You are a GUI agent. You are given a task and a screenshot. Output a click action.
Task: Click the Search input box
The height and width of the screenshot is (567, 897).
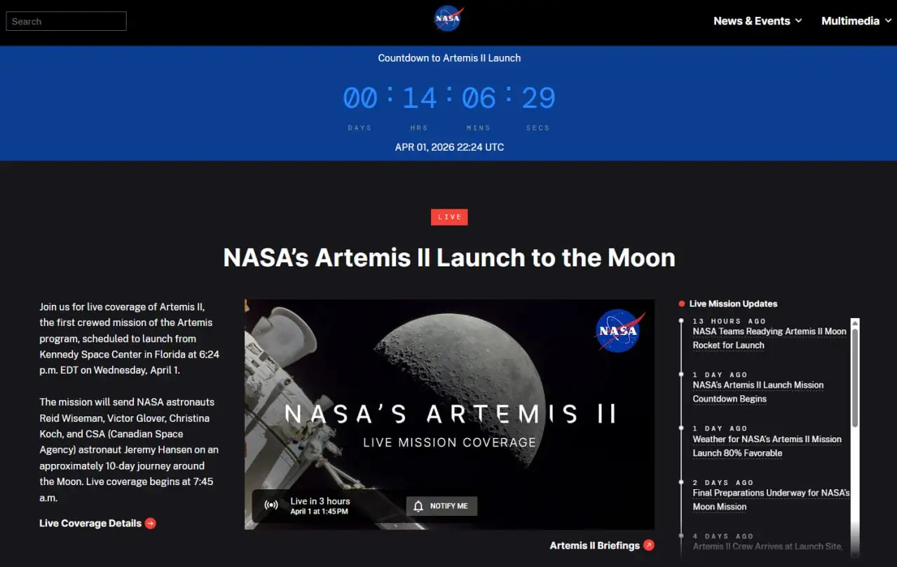[x=66, y=21]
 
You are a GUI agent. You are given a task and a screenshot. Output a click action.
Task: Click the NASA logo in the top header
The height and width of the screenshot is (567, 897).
[x=448, y=19]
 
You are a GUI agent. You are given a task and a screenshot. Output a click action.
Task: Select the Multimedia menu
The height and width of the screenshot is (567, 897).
[x=856, y=21]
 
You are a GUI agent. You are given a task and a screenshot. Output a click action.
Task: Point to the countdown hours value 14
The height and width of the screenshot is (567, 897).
[x=420, y=98]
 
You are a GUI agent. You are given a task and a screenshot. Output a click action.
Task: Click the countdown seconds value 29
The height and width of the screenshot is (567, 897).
[x=538, y=98]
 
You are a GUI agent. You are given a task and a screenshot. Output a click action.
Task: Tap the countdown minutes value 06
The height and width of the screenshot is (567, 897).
[x=479, y=98]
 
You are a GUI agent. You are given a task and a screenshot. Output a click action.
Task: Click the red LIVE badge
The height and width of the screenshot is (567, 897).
[x=449, y=217]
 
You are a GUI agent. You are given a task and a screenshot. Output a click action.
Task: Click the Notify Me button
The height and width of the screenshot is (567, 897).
[x=441, y=506]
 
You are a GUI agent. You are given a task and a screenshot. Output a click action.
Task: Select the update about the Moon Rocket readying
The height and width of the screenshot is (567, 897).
[x=769, y=338]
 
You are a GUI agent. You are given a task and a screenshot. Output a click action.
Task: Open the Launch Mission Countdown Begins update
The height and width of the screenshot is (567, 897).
[x=758, y=392]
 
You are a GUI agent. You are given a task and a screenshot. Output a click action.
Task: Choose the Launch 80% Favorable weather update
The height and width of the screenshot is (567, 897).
[x=767, y=446]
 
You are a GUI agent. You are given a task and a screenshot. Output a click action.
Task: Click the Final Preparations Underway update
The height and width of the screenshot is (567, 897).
[x=771, y=500]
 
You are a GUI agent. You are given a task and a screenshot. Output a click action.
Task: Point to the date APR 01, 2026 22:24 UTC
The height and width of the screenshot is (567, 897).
[x=449, y=147]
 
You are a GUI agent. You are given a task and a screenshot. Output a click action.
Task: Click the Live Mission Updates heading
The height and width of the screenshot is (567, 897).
[x=733, y=303]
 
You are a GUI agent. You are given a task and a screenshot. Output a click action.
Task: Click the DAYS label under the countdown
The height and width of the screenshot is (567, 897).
[x=360, y=128]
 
